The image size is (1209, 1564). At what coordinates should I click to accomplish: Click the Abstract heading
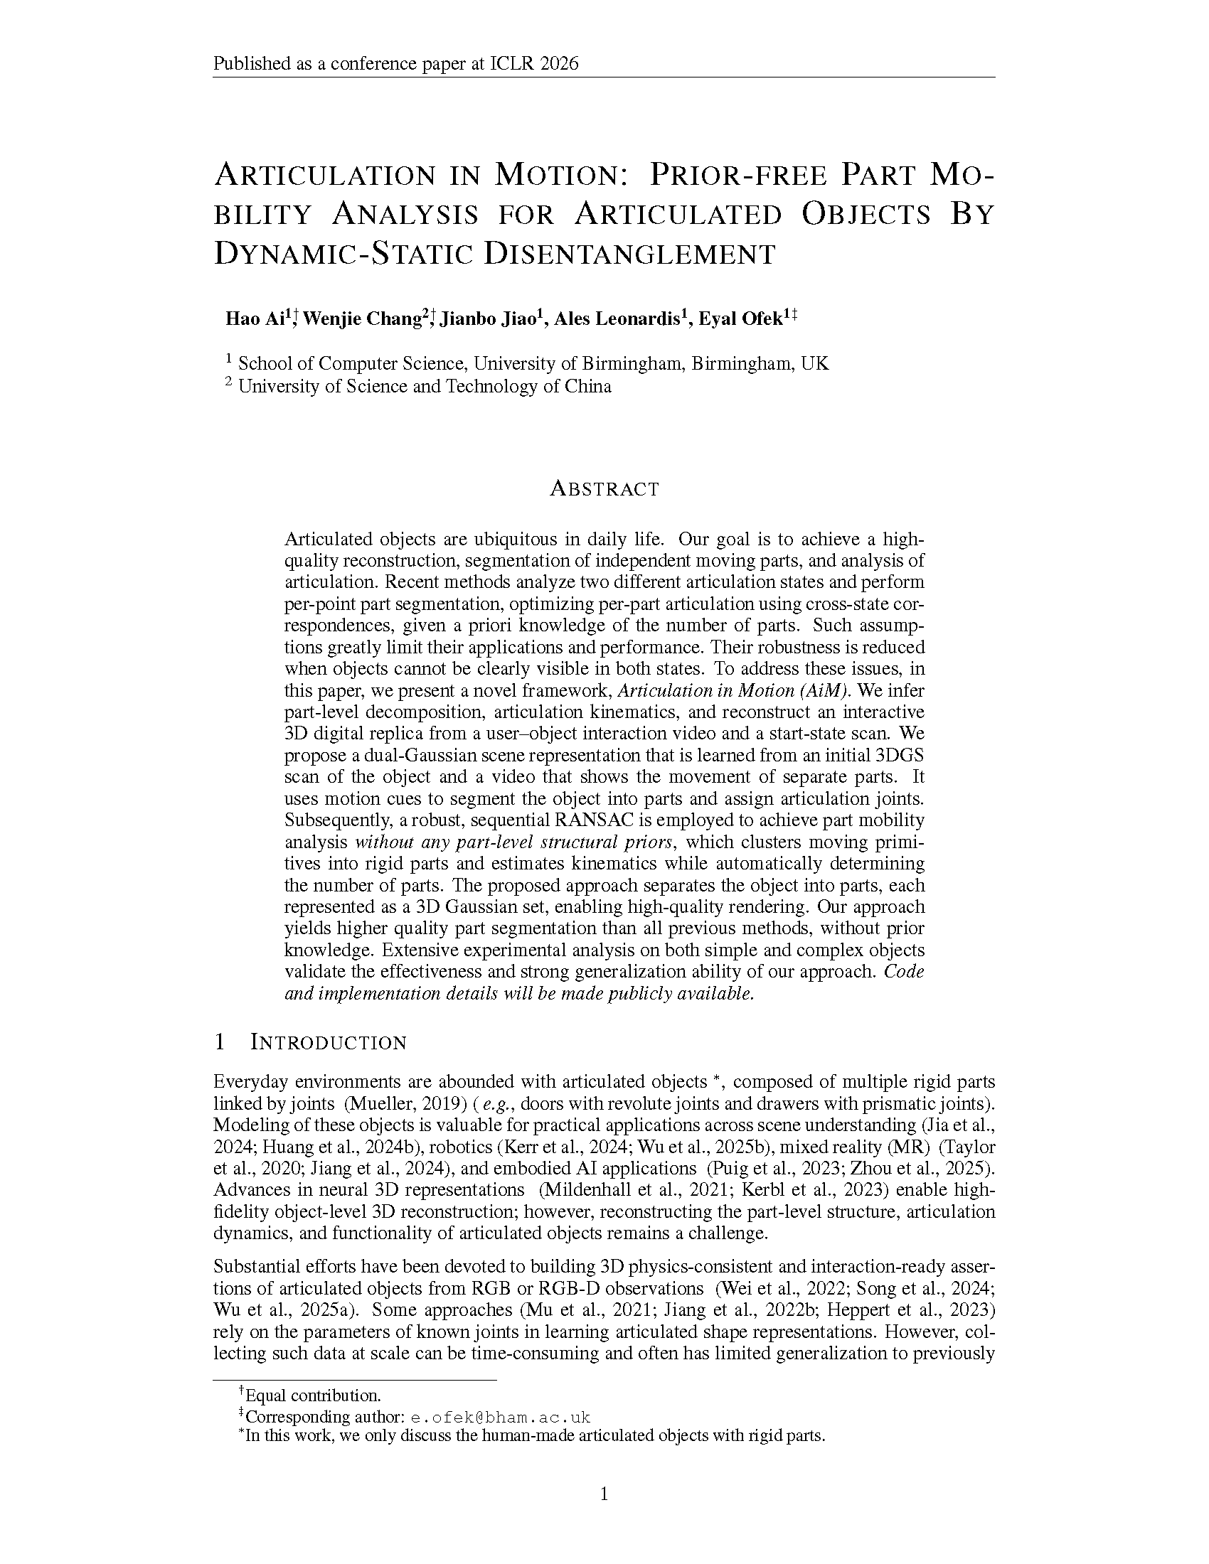(604, 489)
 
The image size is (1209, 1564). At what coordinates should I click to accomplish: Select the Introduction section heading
(328, 1043)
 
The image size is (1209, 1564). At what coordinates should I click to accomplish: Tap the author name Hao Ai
(255, 318)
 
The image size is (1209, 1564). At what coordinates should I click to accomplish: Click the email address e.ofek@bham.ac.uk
(500, 1417)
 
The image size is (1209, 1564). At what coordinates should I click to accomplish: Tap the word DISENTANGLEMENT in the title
(629, 255)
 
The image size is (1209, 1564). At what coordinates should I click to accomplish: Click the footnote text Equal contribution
(313, 1396)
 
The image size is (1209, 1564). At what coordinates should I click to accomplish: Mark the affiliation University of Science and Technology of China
(425, 387)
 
